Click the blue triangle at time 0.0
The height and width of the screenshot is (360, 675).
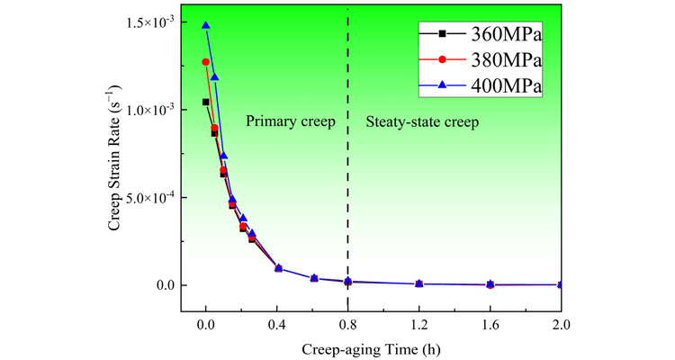tap(206, 25)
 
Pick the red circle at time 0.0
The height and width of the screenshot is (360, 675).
tap(206, 62)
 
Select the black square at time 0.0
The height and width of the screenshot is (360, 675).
tap(206, 103)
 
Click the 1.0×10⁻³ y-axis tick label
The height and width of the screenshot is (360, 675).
tap(149, 110)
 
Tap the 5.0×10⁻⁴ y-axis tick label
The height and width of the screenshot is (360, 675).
tap(149, 197)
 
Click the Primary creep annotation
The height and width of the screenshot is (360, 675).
tap(290, 121)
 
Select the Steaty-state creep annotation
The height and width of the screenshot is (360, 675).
tap(422, 121)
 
